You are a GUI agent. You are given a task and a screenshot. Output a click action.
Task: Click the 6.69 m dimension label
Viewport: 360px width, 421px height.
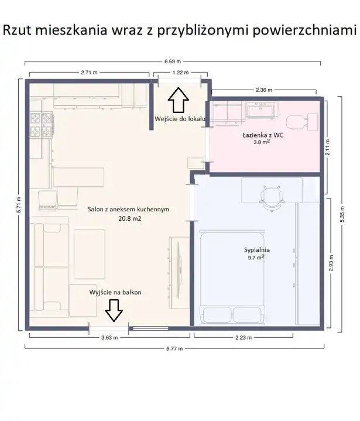pos(173,61)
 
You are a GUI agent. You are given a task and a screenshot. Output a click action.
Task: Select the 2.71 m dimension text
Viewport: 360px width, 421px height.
pos(89,73)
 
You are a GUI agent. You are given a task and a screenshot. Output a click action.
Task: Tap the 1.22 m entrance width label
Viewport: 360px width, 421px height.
pos(180,73)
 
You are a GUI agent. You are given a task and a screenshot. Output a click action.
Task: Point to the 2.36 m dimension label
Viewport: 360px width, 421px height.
pos(263,90)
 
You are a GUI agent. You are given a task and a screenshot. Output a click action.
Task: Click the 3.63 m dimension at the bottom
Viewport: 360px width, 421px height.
pos(109,337)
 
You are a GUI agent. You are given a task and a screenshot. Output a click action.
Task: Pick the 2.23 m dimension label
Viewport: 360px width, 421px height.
pos(244,337)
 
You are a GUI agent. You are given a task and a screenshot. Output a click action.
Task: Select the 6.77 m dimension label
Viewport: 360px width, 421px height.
pos(174,348)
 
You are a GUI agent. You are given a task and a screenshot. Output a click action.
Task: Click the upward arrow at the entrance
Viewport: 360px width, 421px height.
pos(179,100)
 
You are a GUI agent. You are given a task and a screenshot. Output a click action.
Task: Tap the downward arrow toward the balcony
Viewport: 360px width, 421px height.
pos(114,311)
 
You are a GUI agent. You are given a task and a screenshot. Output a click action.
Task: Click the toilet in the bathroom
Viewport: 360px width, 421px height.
pos(302,122)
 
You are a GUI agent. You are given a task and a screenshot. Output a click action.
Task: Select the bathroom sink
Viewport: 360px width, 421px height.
pos(262,110)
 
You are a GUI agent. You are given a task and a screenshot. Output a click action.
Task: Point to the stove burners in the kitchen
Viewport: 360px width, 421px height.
pos(41,125)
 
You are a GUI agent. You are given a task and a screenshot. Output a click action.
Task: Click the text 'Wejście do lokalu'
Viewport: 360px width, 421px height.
pos(180,119)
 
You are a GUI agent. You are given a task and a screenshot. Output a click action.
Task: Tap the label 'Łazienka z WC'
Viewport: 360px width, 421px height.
pos(263,135)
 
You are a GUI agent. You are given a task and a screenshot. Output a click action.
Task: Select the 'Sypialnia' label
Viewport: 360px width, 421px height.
pos(256,250)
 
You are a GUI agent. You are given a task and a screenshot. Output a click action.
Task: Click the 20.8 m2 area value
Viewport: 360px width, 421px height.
pos(130,218)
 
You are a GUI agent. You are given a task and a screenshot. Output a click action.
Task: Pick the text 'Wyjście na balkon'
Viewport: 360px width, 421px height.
pos(115,292)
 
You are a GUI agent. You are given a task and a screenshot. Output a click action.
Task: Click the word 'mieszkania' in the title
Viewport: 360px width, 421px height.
pos(71,30)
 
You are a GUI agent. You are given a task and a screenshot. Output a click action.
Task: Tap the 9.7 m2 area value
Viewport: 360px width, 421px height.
pos(256,258)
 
